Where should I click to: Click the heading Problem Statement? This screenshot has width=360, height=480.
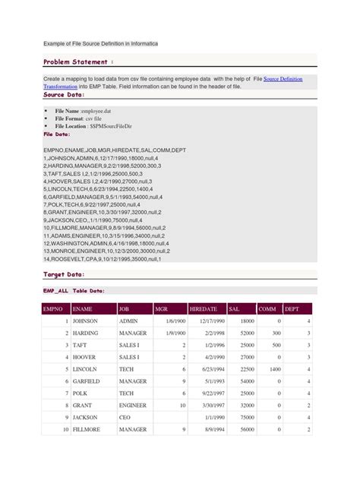[79, 61]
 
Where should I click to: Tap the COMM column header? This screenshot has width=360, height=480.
[267, 309]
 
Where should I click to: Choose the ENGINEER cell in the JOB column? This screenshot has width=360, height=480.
[132, 405]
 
